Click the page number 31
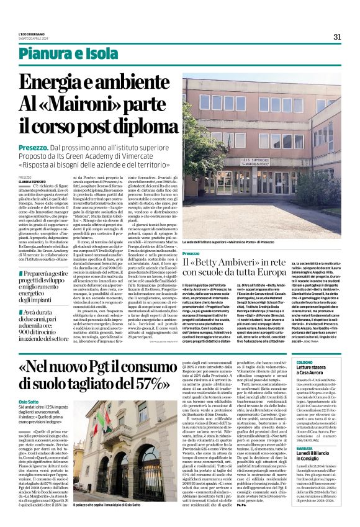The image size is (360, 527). point(337,37)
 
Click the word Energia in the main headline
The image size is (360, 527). point(57,82)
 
